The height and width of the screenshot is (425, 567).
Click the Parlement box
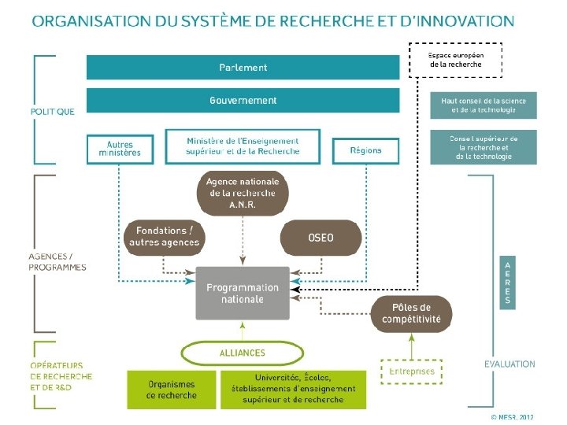(x=243, y=68)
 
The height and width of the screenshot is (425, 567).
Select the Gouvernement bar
(x=243, y=101)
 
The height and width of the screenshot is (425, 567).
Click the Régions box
(x=365, y=150)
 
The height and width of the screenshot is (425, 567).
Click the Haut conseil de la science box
(x=484, y=105)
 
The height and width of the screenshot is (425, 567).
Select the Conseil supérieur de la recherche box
(x=484, y=147)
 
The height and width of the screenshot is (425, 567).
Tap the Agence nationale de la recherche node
(x=243, y=193)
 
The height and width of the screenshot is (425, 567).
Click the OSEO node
(x=321, y=238)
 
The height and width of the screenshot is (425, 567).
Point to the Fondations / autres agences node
(x=165, y=237)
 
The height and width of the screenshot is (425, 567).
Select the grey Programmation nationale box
(x=243, y=293)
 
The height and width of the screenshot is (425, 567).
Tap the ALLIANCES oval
(x=243, y=353)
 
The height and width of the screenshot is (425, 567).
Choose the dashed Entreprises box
(x=411, y=371)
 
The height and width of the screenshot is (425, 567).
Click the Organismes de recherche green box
(x=172, y=390)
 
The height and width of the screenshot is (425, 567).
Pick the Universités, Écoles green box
(x=293, y=390)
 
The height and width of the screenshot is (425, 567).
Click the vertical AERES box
(x=507, y=282)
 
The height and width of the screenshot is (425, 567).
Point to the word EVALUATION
(x=509, y=364)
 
